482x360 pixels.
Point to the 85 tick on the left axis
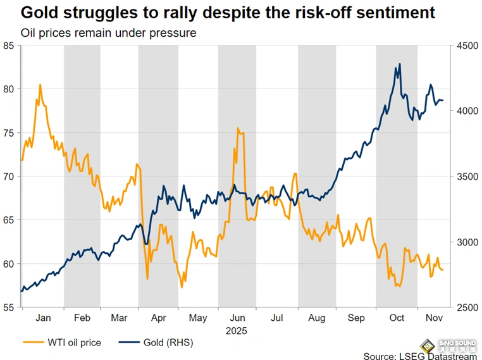tap(9, 46)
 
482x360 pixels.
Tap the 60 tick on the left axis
tap(9, 264)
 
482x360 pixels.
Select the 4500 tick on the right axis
tap(463, 46)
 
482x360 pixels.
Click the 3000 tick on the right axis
tap(463, 242)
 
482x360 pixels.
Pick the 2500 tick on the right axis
tap(463, 307)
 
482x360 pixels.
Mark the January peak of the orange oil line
tap(40, 85)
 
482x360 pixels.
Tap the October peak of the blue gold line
tap(399, 64)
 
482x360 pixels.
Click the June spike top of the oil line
tap(238, 128)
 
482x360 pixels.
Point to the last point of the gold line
tap(443, 101)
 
